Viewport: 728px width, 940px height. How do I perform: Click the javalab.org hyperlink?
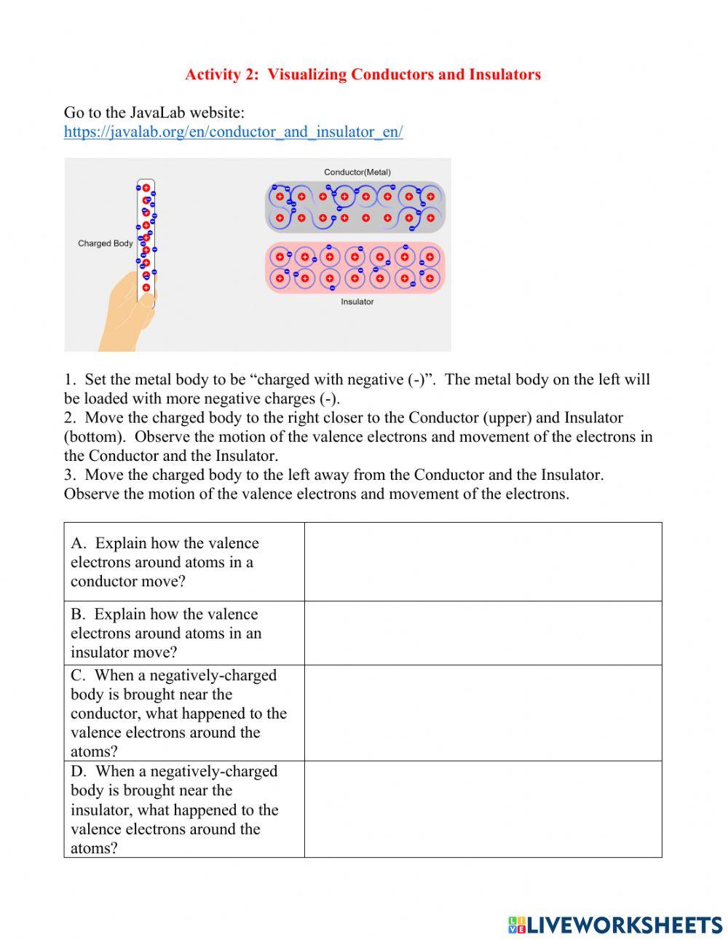(x=233, y=132)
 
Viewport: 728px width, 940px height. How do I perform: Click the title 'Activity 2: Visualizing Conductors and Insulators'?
(x=363, y=74)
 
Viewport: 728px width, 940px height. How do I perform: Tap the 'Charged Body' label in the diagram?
(x=106, y=243)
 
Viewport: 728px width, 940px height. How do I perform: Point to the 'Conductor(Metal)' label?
(x=357, y=172)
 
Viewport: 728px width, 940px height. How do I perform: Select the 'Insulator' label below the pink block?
(x=357, y=301)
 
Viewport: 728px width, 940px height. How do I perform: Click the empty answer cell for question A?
(x=483, y=561)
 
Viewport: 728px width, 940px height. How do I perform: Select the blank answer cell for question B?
(x=483, y=633)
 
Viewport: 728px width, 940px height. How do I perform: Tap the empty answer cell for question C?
(x=483, y=713)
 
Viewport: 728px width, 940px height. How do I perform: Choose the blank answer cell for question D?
(x=483, y=809)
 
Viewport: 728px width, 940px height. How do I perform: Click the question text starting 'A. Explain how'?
(x=165, y=562)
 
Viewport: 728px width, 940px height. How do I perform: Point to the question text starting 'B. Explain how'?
(x=165, y=633)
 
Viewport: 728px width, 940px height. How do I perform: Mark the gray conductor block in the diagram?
(x=355, y=207)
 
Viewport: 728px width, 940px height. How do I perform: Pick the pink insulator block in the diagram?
(x=355, y=267)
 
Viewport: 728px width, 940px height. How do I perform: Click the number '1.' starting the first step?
(x=70, y=379)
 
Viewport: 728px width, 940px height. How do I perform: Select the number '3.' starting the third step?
(x=70, y=475)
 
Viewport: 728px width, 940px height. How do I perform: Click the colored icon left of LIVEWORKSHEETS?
(x=517, y=925)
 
